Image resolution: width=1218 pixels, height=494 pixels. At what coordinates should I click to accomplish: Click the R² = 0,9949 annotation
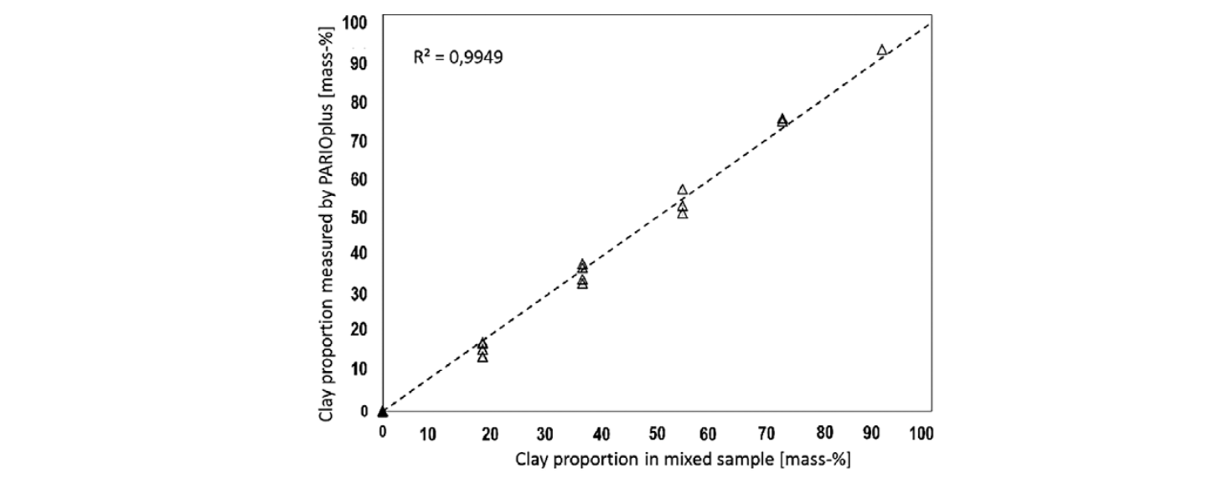[x=457, y=58]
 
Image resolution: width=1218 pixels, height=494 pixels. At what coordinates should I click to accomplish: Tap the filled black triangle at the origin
[x=383, y=411]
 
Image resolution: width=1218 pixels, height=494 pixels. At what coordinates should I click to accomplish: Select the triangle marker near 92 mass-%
[x=881, y=50]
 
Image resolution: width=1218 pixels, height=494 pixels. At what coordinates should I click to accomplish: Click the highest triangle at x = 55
[x=683, y=190]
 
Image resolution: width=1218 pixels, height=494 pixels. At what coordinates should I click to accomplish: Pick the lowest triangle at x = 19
[x=483, y=358]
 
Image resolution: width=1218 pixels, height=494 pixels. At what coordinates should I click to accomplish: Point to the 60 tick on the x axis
[x=709, y=433]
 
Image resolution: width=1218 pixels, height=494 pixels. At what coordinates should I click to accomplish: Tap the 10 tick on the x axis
[x=428, y=433]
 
